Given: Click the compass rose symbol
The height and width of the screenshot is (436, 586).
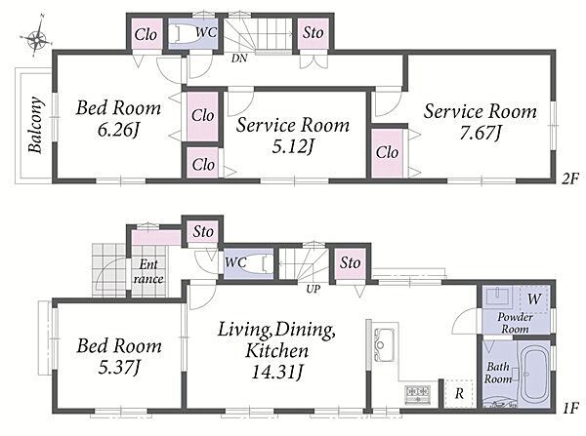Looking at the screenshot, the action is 36,38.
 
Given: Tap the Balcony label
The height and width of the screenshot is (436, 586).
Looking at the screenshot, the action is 35,125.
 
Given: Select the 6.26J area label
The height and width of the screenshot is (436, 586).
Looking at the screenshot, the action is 118,131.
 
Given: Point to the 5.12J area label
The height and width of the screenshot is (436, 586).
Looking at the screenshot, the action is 293,147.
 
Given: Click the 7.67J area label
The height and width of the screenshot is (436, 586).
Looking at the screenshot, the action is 480,133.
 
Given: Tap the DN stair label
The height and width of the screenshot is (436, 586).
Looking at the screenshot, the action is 239,59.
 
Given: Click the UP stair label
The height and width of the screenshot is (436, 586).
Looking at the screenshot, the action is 314,289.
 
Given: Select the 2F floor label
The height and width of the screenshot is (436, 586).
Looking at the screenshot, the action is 570,179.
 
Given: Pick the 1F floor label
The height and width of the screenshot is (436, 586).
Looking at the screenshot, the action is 570,407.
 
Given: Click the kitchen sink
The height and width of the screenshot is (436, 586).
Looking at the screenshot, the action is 384,344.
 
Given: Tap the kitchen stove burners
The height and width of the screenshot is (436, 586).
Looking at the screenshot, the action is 418,393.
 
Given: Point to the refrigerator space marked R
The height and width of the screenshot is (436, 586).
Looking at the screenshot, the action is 459,393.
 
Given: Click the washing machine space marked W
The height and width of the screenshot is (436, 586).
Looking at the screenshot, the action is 533,298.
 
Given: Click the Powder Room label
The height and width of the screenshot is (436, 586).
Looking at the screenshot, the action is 515,323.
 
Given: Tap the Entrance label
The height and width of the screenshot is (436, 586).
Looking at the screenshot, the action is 148,271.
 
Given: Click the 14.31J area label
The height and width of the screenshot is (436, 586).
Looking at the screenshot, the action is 277,372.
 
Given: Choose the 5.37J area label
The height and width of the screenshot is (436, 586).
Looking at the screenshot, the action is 119,368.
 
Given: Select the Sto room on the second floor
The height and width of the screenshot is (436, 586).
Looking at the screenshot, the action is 314,33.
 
